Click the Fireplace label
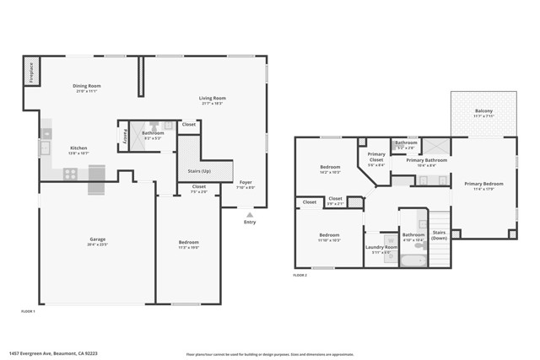point(29,73)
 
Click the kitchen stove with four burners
point(71,174)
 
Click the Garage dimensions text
point(97,244)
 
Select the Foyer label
point(246,182)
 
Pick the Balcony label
point(483,110)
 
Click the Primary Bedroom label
point(483,183)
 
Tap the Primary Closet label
point(376,156)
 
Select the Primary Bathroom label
point(426,160)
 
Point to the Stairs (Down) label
point(439,234)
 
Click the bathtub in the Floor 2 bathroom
point(413,261)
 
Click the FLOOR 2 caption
point(300,275)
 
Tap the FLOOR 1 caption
point(28,311)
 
